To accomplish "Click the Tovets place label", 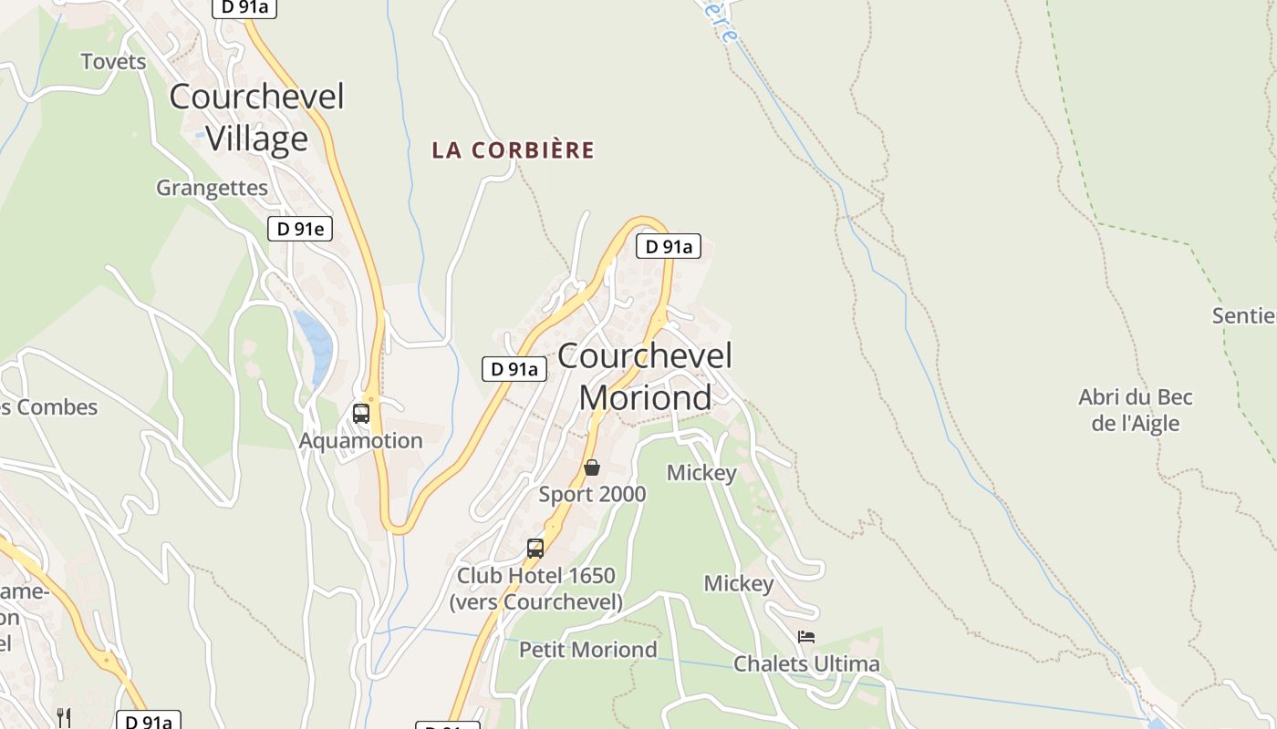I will click(113, 62).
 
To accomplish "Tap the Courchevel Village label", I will click(256, 118).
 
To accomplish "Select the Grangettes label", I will click(212, 188).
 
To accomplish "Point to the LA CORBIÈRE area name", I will click(513, 150).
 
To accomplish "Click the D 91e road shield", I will click(299, 229).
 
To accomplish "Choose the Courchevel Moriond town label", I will click(645, 376).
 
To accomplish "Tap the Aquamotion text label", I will click(360, 441).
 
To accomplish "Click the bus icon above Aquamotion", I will click(361, 414).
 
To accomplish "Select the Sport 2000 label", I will click(592, 495).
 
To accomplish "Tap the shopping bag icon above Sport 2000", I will click(592, 467).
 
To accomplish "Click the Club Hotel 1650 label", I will click(535, 589).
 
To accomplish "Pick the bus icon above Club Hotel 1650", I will click(535, 549).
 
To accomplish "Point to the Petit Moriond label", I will click(587, 650).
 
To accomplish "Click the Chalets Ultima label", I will click(806, 664).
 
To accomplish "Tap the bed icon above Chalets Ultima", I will click(806, 637).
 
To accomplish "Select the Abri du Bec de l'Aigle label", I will click(1136, 410).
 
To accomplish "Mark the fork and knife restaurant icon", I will click(64, 717).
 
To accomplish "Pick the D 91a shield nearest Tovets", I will click(244, 8).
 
